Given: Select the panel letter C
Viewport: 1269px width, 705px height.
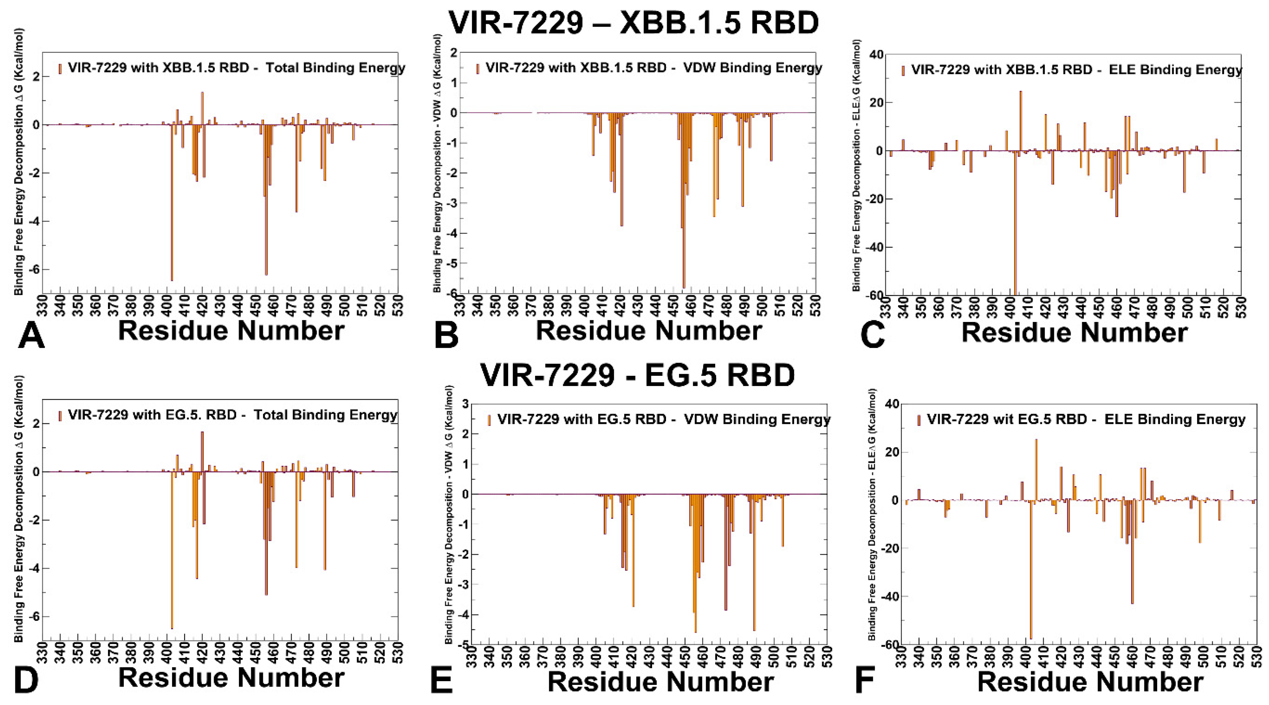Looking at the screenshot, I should point(873,335).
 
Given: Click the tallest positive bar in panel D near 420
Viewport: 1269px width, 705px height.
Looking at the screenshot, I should point(202,451).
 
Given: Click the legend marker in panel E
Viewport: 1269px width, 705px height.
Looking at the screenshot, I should point(489,420).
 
